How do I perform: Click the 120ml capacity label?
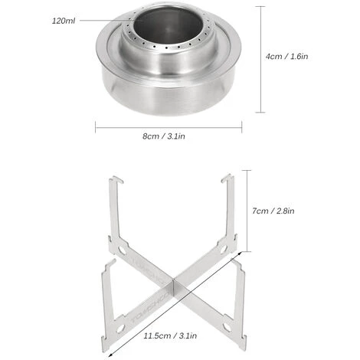[x=64, y=21]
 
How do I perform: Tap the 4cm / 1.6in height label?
[x=286, y=56]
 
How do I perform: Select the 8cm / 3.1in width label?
[x=164, y=136]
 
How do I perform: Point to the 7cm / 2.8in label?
[x=273, y=211]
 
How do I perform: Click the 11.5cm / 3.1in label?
[x=170, y=335]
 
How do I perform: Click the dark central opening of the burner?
[x=168, y=25]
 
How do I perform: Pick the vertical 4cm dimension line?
[x=260, y=59]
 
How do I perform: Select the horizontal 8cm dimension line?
[x=169, y=127]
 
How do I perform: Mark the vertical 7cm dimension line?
[x=247, y=211]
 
